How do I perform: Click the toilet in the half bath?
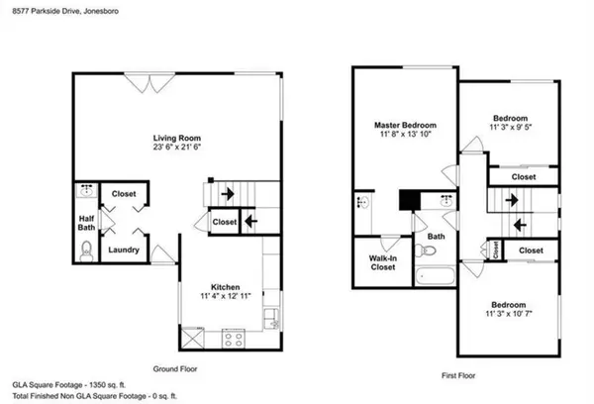pyautogui.click(x=85, y=252)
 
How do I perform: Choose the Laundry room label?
pyautogui.click(x=123, y=251)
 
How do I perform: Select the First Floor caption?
pyautogui.click(x=456, y=376)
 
